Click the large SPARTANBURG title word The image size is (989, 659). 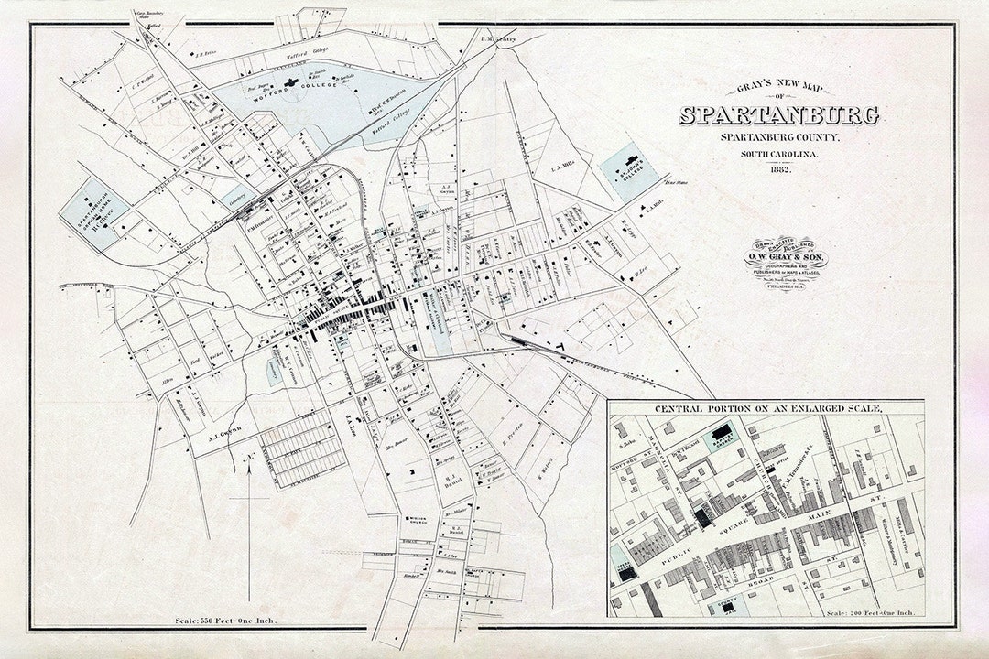[778, 116]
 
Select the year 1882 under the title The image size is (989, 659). [778, 170]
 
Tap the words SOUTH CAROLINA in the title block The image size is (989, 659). [778, 153]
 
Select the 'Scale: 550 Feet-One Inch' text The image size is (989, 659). [225, 621]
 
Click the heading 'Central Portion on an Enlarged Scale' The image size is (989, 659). [766, 407]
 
